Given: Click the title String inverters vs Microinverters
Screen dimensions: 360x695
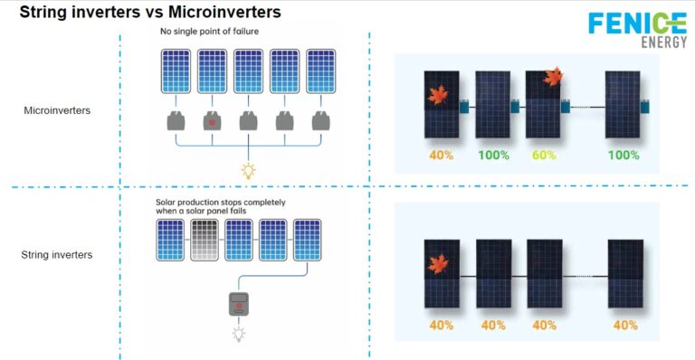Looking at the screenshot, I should coord(150,13).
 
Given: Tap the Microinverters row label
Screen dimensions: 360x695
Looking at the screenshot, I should coord(54,109).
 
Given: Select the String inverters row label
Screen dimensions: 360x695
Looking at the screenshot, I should coord(57,255).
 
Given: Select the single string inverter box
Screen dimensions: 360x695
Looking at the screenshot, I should coord(238,305).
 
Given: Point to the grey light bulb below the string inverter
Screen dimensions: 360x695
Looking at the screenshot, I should coord(239,335).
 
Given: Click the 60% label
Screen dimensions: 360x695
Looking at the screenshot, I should coord(546,155).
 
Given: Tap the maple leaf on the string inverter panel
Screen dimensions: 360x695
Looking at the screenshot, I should coord(439,264).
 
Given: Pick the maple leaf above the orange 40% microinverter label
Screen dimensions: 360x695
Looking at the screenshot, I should coord(438,94).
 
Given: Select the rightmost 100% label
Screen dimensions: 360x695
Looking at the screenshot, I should coord(623,155).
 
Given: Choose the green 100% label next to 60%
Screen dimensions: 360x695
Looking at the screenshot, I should coord(493,155).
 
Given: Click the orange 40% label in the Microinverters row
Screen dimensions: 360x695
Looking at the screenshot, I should coord(442,155).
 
